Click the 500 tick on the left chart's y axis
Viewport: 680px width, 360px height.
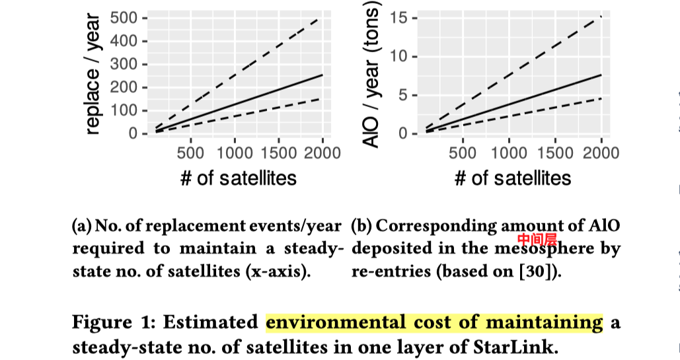tap(124, 18)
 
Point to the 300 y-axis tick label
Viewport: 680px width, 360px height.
tap(124, 65)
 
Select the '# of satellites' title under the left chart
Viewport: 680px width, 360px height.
tap(239, 178)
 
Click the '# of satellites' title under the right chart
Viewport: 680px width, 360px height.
tap(512, 178)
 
